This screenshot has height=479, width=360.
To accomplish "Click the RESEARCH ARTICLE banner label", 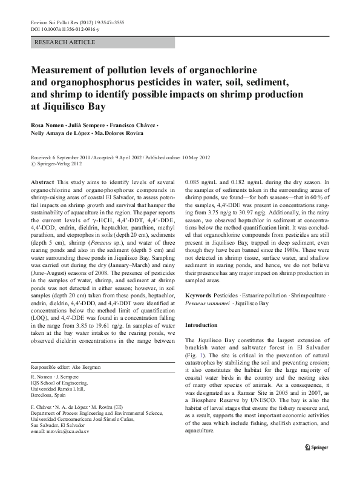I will pos(65,42).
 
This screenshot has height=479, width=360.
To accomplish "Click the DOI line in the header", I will pos(61,28).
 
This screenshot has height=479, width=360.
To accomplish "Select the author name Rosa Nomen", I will pos(47,125).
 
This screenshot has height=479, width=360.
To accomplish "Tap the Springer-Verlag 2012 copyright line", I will pos(58,163).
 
